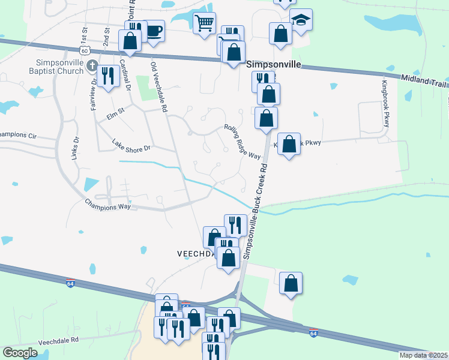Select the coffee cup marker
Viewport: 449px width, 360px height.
click(x=154, y=31)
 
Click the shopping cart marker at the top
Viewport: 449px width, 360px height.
click(x=205, y=23)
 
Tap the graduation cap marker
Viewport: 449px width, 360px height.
click(x=300, y=20)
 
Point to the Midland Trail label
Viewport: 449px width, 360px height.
click(x=423, y=80)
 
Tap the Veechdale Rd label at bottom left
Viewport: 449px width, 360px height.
click(x=59, y=340)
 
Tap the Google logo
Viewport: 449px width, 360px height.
click(x=20, y=353)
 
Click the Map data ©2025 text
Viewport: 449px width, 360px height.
click(x=423, y=355)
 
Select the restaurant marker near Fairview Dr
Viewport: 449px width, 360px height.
click(x=107, y=76)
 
